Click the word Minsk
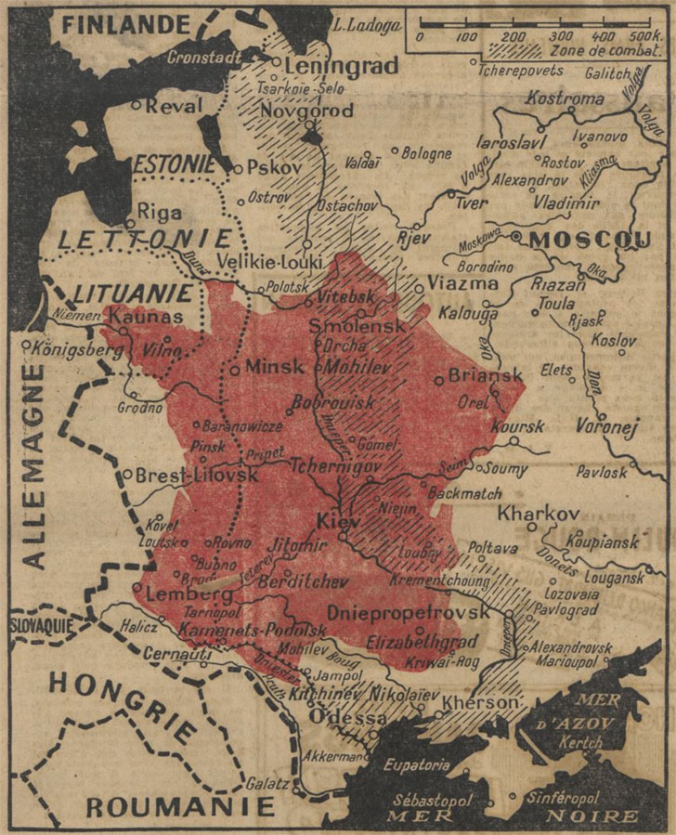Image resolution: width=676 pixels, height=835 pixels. pos(274,367)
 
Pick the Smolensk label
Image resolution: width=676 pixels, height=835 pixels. pos(357,327)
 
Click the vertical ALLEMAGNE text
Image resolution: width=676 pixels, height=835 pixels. pos(33,464)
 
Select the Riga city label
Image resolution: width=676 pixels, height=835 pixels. pos(159,212)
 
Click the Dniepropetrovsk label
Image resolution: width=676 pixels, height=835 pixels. pos(408,613)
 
